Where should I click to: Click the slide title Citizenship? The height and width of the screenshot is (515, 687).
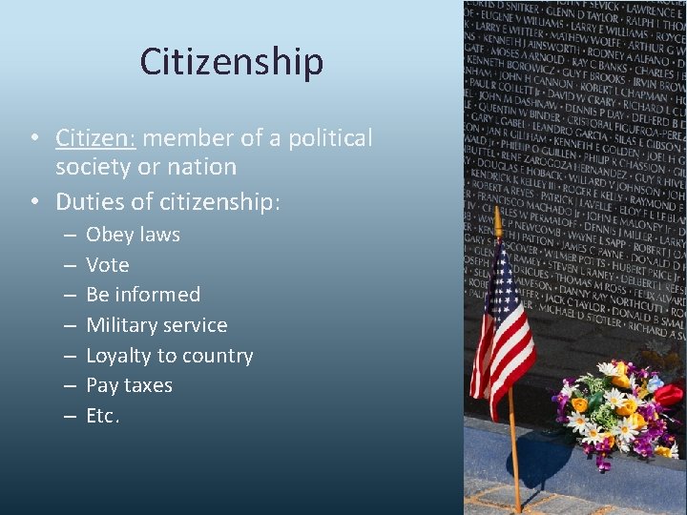click(x=231, y=62)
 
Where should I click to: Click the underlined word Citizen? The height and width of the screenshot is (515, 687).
click(x=96, y=138)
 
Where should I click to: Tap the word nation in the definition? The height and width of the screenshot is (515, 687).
click(x=204, y=167)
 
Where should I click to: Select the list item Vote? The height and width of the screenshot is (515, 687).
click(x=108, y=265)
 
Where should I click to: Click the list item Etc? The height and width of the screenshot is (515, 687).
click(x=103, y=416)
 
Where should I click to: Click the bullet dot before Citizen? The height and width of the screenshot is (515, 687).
click(x=33, y=138)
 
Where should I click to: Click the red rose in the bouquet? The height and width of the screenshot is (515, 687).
click(x=669, y=394)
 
